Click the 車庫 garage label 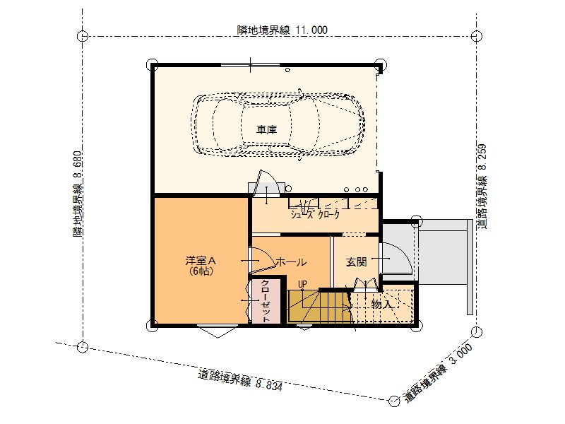(x=267, y=129)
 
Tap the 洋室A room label (x=201, y=260)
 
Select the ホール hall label (x=291, y=262)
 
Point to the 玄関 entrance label (x=357, y=262)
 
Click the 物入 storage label (x=381, y=304)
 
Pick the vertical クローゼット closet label (x=266, y=302)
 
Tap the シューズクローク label (x=315, y=215)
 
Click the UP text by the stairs (x=302, y=284)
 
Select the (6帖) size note (x=201, y=271)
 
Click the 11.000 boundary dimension (x=311, y=30)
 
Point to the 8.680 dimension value (x=78, y=165)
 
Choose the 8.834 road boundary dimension (x=269, y=384)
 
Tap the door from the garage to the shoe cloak (x=266, y=182)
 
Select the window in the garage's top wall (x=251, y=65)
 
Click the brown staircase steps (x=319, y=306)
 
